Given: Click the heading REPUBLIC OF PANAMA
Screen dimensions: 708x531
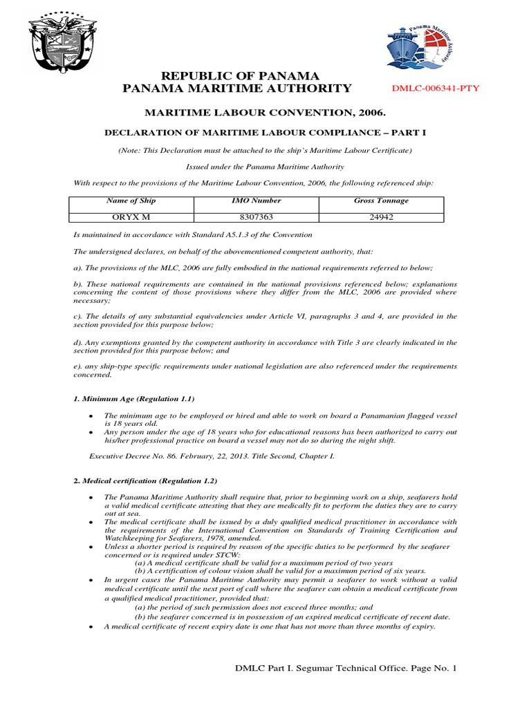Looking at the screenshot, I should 239,75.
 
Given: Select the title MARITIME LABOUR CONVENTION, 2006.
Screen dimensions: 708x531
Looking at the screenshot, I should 265,111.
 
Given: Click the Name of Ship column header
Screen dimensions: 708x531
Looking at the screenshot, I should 131,201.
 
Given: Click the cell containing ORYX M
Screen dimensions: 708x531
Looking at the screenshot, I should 131,216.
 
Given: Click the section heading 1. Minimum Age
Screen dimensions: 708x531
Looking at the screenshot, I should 134,399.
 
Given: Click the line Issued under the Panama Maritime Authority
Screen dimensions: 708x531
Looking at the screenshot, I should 265,167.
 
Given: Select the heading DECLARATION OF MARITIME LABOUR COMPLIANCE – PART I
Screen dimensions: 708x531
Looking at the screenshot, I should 265,131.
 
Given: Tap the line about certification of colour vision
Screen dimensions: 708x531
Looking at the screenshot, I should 280,572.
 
